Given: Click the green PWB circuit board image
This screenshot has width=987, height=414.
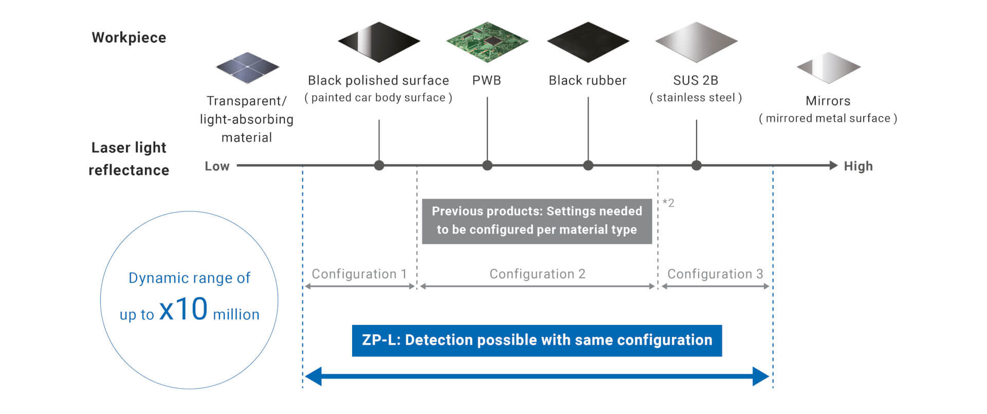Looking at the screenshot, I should point(487,42).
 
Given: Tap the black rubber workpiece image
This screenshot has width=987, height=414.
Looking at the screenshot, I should point(588,42).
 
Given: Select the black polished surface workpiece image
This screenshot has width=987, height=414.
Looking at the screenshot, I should point(379,42).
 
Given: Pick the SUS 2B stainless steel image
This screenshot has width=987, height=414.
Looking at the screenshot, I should point(696,42).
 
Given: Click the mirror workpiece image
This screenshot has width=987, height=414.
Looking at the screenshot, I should point(828,67).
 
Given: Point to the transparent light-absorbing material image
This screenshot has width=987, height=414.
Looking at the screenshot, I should point(247,67).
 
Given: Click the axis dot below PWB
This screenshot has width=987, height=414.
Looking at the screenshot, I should point(487,166).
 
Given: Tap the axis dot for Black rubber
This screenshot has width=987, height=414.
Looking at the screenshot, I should point(588,166).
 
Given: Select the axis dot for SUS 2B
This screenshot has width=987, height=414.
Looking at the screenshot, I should point(696,166).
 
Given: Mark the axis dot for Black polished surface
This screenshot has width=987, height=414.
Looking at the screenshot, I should point(379,166).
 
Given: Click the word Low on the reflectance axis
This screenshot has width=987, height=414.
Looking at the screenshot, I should point(217,166).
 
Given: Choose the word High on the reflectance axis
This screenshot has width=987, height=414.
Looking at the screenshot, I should point(858,166).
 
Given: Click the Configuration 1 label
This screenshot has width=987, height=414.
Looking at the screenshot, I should point(359,274).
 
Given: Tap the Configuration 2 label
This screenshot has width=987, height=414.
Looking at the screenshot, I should point(537,274).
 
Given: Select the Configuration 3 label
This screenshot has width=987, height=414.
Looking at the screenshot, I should point(715,274).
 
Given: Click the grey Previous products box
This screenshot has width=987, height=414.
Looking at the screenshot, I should point(537,221).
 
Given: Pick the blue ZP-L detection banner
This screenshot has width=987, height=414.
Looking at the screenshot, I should point(537,340).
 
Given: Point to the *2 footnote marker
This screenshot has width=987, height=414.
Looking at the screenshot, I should point(668,203).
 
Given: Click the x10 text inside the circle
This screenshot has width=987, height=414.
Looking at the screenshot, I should point(184,310).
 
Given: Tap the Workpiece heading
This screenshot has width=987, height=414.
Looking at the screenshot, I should point(129,38).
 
